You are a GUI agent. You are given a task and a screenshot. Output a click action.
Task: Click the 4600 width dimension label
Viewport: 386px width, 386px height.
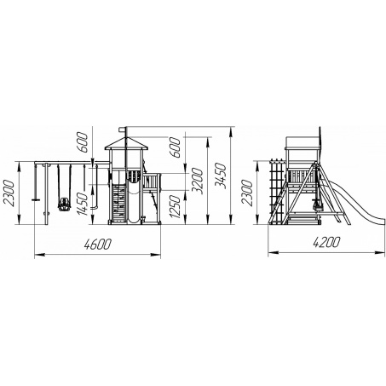tap(97, 244)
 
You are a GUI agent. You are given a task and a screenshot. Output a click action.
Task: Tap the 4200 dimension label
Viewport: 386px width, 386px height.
tap(326, 242)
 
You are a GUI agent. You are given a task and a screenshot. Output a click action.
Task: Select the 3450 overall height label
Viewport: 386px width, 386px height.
tap(220, 176)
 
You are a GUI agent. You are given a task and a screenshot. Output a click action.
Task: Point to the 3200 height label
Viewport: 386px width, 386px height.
tap(197, 181)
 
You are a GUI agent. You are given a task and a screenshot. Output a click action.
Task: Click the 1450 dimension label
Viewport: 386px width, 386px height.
tap(82, 204)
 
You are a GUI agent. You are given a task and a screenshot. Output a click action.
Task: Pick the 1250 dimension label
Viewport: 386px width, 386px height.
tap(175, 207)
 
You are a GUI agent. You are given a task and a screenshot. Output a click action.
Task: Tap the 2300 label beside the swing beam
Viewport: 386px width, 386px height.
tap(8, 193)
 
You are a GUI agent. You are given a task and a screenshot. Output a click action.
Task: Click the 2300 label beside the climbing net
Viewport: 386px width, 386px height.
tap(246, 193)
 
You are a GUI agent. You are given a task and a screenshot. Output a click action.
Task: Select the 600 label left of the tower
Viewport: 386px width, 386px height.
tap(82, 142)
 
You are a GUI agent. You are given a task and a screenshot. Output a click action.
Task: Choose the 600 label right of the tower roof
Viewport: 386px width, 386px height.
tap(175, 147)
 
